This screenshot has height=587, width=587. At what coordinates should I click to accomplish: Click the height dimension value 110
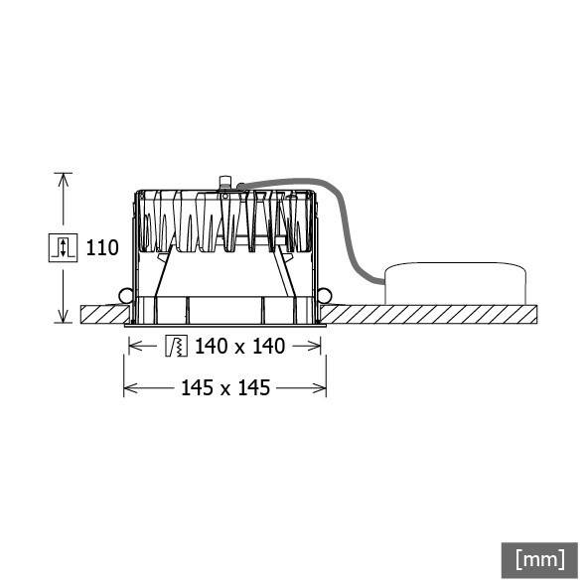[102, 247]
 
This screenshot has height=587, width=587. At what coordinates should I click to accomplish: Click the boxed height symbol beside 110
[63, 247]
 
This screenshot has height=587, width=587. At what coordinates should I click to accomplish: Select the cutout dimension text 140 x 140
[239, 346]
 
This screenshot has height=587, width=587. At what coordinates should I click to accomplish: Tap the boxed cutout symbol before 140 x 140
[176, 346]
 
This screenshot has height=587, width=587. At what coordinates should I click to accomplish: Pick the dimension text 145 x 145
[225, 387]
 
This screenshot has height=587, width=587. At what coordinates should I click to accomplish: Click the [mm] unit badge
[539, 558]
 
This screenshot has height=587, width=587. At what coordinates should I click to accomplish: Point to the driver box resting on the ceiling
[455, 284]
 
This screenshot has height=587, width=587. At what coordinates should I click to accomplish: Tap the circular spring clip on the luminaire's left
[126, 295]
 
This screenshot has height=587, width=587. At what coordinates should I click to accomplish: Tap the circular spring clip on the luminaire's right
[325, 295]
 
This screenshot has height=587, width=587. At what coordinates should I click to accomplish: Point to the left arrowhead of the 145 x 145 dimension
[128, 387]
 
